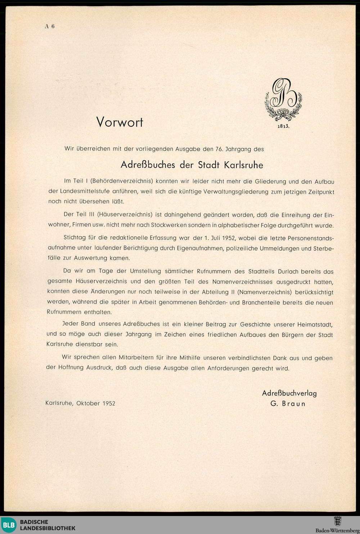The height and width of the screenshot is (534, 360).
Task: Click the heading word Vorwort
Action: pyautogui.click(x=120, y=122)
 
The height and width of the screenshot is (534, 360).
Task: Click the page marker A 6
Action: pyautogui.click(x=49, y=26)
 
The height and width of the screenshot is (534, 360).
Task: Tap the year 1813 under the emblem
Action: pyautogui.click(x=283, y=127)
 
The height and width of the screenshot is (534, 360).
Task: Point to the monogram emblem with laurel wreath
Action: pyautogui.click(x=283, y=100)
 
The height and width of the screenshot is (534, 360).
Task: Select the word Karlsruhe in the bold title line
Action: pyautogui.click(x=243, y=165)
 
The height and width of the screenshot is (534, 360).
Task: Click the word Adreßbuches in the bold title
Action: pyautogui.click(x=148, y=165)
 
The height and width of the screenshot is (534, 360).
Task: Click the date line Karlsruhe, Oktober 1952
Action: pyautogui.click(x=80, y=403)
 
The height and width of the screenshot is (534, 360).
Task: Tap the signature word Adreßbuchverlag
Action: pyautogui.click(x=289, y=393)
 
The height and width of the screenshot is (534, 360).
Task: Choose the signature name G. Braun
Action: pyautogui.click(x=288, y=404)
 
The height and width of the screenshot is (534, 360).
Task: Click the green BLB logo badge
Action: pyautogui.click(x=8, y=525)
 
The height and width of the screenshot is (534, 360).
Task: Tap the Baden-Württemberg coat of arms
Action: pyautogui.click(x=337, y=521)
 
